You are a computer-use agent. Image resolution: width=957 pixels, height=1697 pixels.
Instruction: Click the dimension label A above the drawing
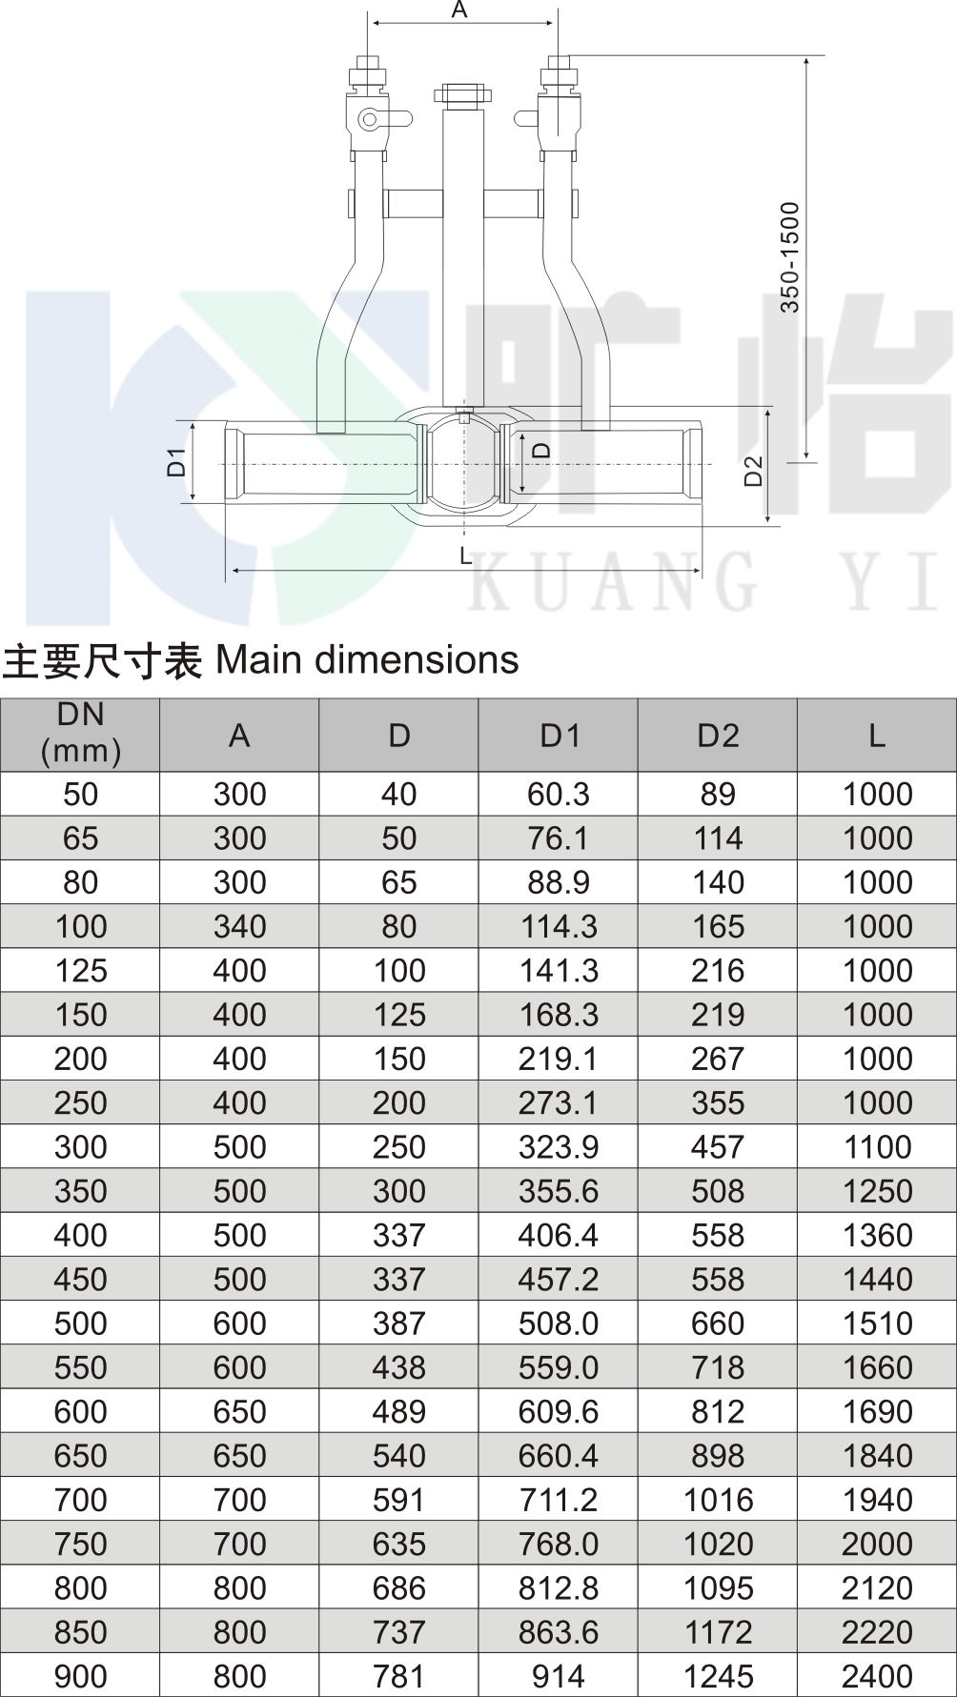pos(459,10)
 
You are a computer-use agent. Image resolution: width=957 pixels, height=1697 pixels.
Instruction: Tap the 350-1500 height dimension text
pos(790,257)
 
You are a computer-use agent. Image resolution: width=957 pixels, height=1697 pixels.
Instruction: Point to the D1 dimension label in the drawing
pos(176,461)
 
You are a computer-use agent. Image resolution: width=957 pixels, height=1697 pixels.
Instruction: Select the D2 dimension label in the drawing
pos(754,471)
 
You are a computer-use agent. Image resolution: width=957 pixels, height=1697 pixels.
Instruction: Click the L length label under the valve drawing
pos(465,556)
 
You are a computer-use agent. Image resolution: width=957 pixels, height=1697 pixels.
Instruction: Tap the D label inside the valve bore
pos(541,450)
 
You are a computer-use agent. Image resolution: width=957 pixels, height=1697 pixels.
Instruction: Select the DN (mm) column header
pos(81,734)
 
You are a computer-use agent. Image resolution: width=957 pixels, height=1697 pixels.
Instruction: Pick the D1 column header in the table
pos(560,736)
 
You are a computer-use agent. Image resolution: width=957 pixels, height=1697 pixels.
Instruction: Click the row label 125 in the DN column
pos(81,971)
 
